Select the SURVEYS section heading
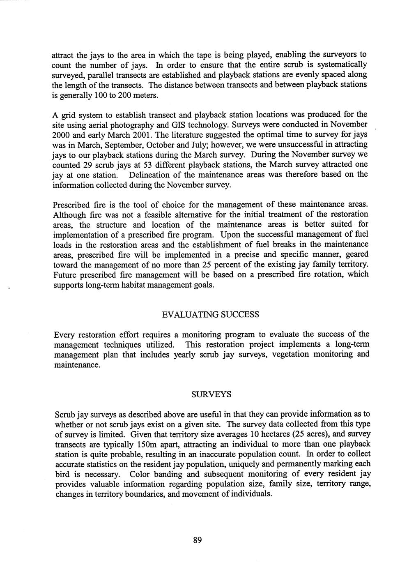click(211, 394)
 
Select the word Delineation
click(150, 175)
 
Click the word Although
click(70, 214)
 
